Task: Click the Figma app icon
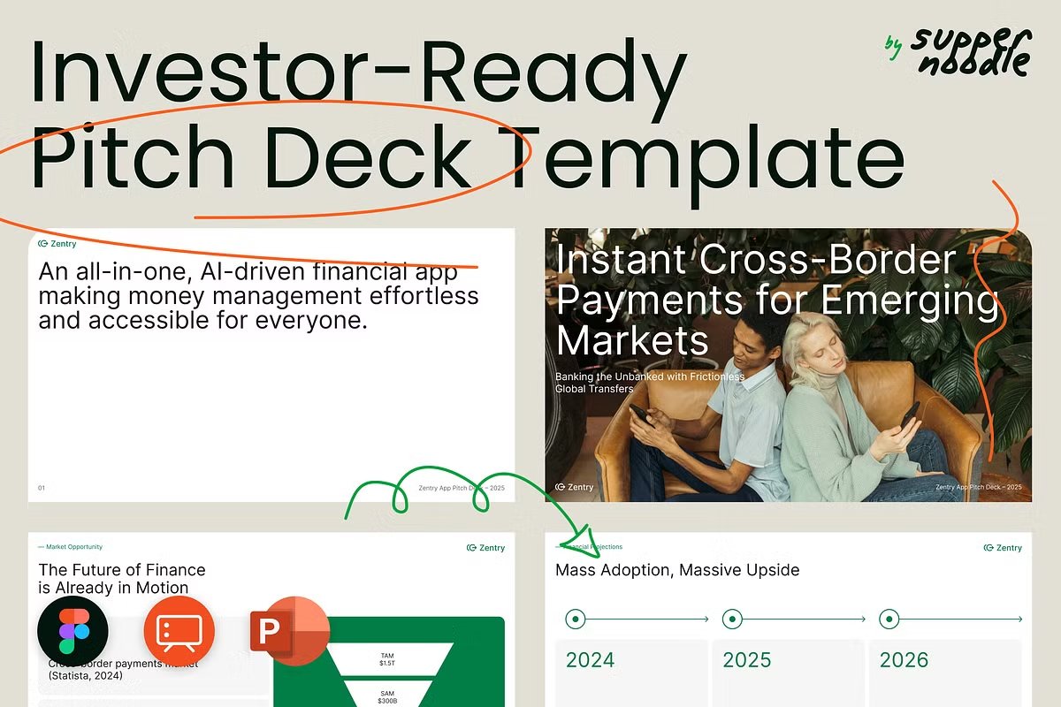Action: pyautogui.click(x=73, y=631)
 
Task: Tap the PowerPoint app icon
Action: pyautogui.click(x=289, y=631)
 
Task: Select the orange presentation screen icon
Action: pyautogui.click(x=179, y=631)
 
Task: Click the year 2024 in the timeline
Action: pyautogui.click(x=590, y=659)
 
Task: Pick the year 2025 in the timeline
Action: pyautogui.click(x=747, y=659)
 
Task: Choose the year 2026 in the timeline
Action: pyautogui.click(x=904, y=659)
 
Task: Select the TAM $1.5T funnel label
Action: pyautogui.click(x=387, y=659)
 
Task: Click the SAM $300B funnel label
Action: pyautogui.click(x=387, y=696)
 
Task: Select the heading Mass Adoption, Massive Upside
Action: pyautogui.click(x=676, y=570)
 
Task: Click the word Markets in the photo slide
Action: pyautogui.click(x=632, y=340)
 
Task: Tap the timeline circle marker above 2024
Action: pyautogui.click(x=576, y=620)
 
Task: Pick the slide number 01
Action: pyautogui.click(x=42, y=488)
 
